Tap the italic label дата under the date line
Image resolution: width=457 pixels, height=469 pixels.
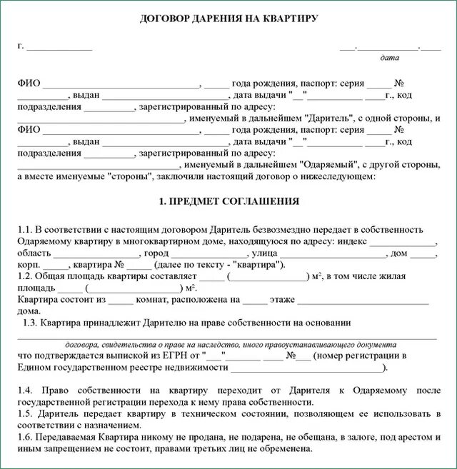tap(390, 58)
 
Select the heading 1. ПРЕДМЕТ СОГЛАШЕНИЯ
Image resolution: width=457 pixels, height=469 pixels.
tap(228, 201)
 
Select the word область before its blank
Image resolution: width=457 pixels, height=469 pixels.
tap(34, 253)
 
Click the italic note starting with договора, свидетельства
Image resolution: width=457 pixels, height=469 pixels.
tap(228, 343)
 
